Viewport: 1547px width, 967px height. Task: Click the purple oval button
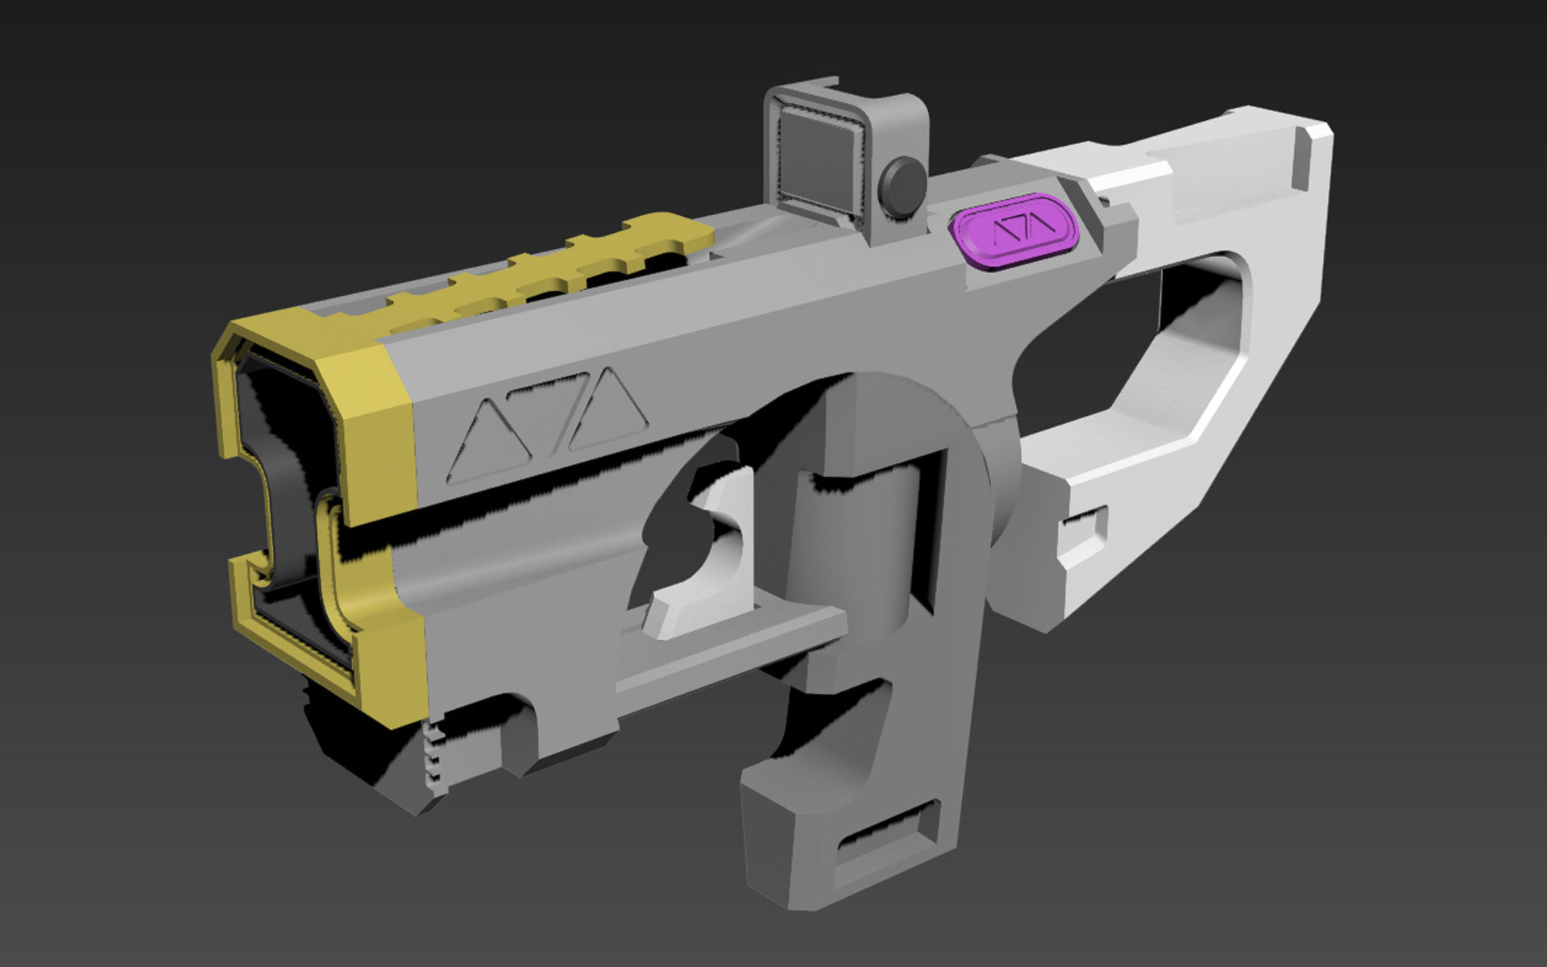pyautogui.click(x=1016, y=232)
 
